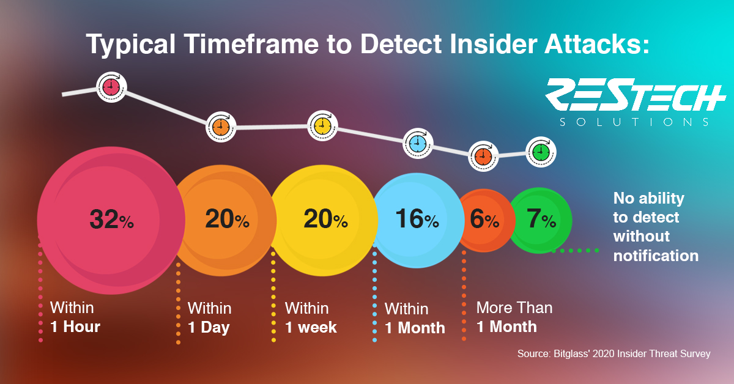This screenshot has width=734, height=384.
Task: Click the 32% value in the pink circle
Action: (x=112, y=219)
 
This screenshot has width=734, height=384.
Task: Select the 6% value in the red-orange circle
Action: (x=484, y=219)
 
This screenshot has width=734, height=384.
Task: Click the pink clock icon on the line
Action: (x=111, y=87)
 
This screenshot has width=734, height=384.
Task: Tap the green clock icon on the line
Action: (x=541, y=152)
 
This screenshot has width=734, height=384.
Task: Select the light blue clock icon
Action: (x=418, y=144)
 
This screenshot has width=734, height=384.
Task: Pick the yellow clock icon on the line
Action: (x=322, y=125)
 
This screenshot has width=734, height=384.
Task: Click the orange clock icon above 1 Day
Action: (x=221, y=127)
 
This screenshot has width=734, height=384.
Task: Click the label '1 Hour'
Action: (x=75, y=327)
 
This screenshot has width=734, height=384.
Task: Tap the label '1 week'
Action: (x=311, y=327)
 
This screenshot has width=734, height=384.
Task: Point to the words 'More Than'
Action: (x=514, y=308)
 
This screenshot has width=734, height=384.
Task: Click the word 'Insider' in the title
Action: (x=494, y=44)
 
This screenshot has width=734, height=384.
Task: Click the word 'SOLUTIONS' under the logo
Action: (x=634, y=122)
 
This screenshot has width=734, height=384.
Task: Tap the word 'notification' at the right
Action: (x=656, y=256)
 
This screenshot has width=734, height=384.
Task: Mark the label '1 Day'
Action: (x=209, y=327)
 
